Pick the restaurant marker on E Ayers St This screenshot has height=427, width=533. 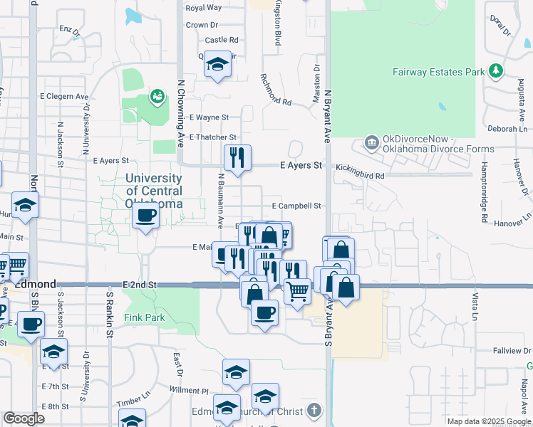tap(237, 157)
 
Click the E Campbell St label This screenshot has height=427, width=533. tap(297, 206)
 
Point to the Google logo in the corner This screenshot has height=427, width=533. tap(24, 418)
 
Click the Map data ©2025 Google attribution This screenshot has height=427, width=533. tap(488, 421)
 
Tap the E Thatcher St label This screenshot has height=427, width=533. tap(212, 137)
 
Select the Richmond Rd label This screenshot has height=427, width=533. tap(276, 90)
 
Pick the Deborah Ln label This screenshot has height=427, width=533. tap(507, 129)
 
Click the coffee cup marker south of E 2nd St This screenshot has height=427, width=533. tap(264, 312)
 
